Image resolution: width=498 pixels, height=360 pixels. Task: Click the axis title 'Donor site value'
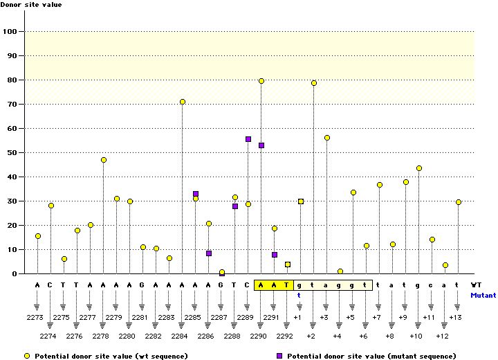(x=31, y=5)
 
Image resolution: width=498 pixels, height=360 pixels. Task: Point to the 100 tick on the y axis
(x=12, y=31)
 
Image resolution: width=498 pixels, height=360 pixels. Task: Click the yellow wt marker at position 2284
(x=183, y=102)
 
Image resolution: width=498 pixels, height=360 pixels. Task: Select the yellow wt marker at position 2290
(x=261, y=81)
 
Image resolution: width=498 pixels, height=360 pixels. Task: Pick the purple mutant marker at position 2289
(x=248, y=139)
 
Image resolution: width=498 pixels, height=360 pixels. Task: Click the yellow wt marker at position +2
(x=314, y=83)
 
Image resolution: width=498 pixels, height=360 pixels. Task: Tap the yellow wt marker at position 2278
(x=104, y=160)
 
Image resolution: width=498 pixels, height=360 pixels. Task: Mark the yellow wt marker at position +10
(x=419, y=168)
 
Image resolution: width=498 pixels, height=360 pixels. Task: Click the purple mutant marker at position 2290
(x=261, y=145)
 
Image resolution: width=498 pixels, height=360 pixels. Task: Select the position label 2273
(x=38, y=317)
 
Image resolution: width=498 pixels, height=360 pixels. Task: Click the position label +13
(x=456, y=317)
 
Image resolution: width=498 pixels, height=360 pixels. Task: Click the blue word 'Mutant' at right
(x=483, y=295)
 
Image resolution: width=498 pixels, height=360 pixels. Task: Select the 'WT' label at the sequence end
(x=476, y=285)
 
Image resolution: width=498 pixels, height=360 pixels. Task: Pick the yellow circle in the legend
(x=27, y=356)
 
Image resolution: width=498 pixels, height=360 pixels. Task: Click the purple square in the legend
(x=279, y=356)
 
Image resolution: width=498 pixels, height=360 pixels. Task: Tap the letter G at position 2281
(x=143, y=285)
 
